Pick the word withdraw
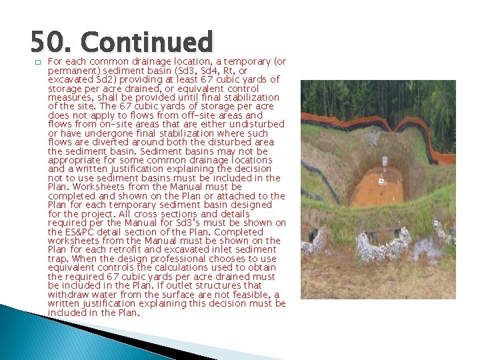(x=67, y=295)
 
